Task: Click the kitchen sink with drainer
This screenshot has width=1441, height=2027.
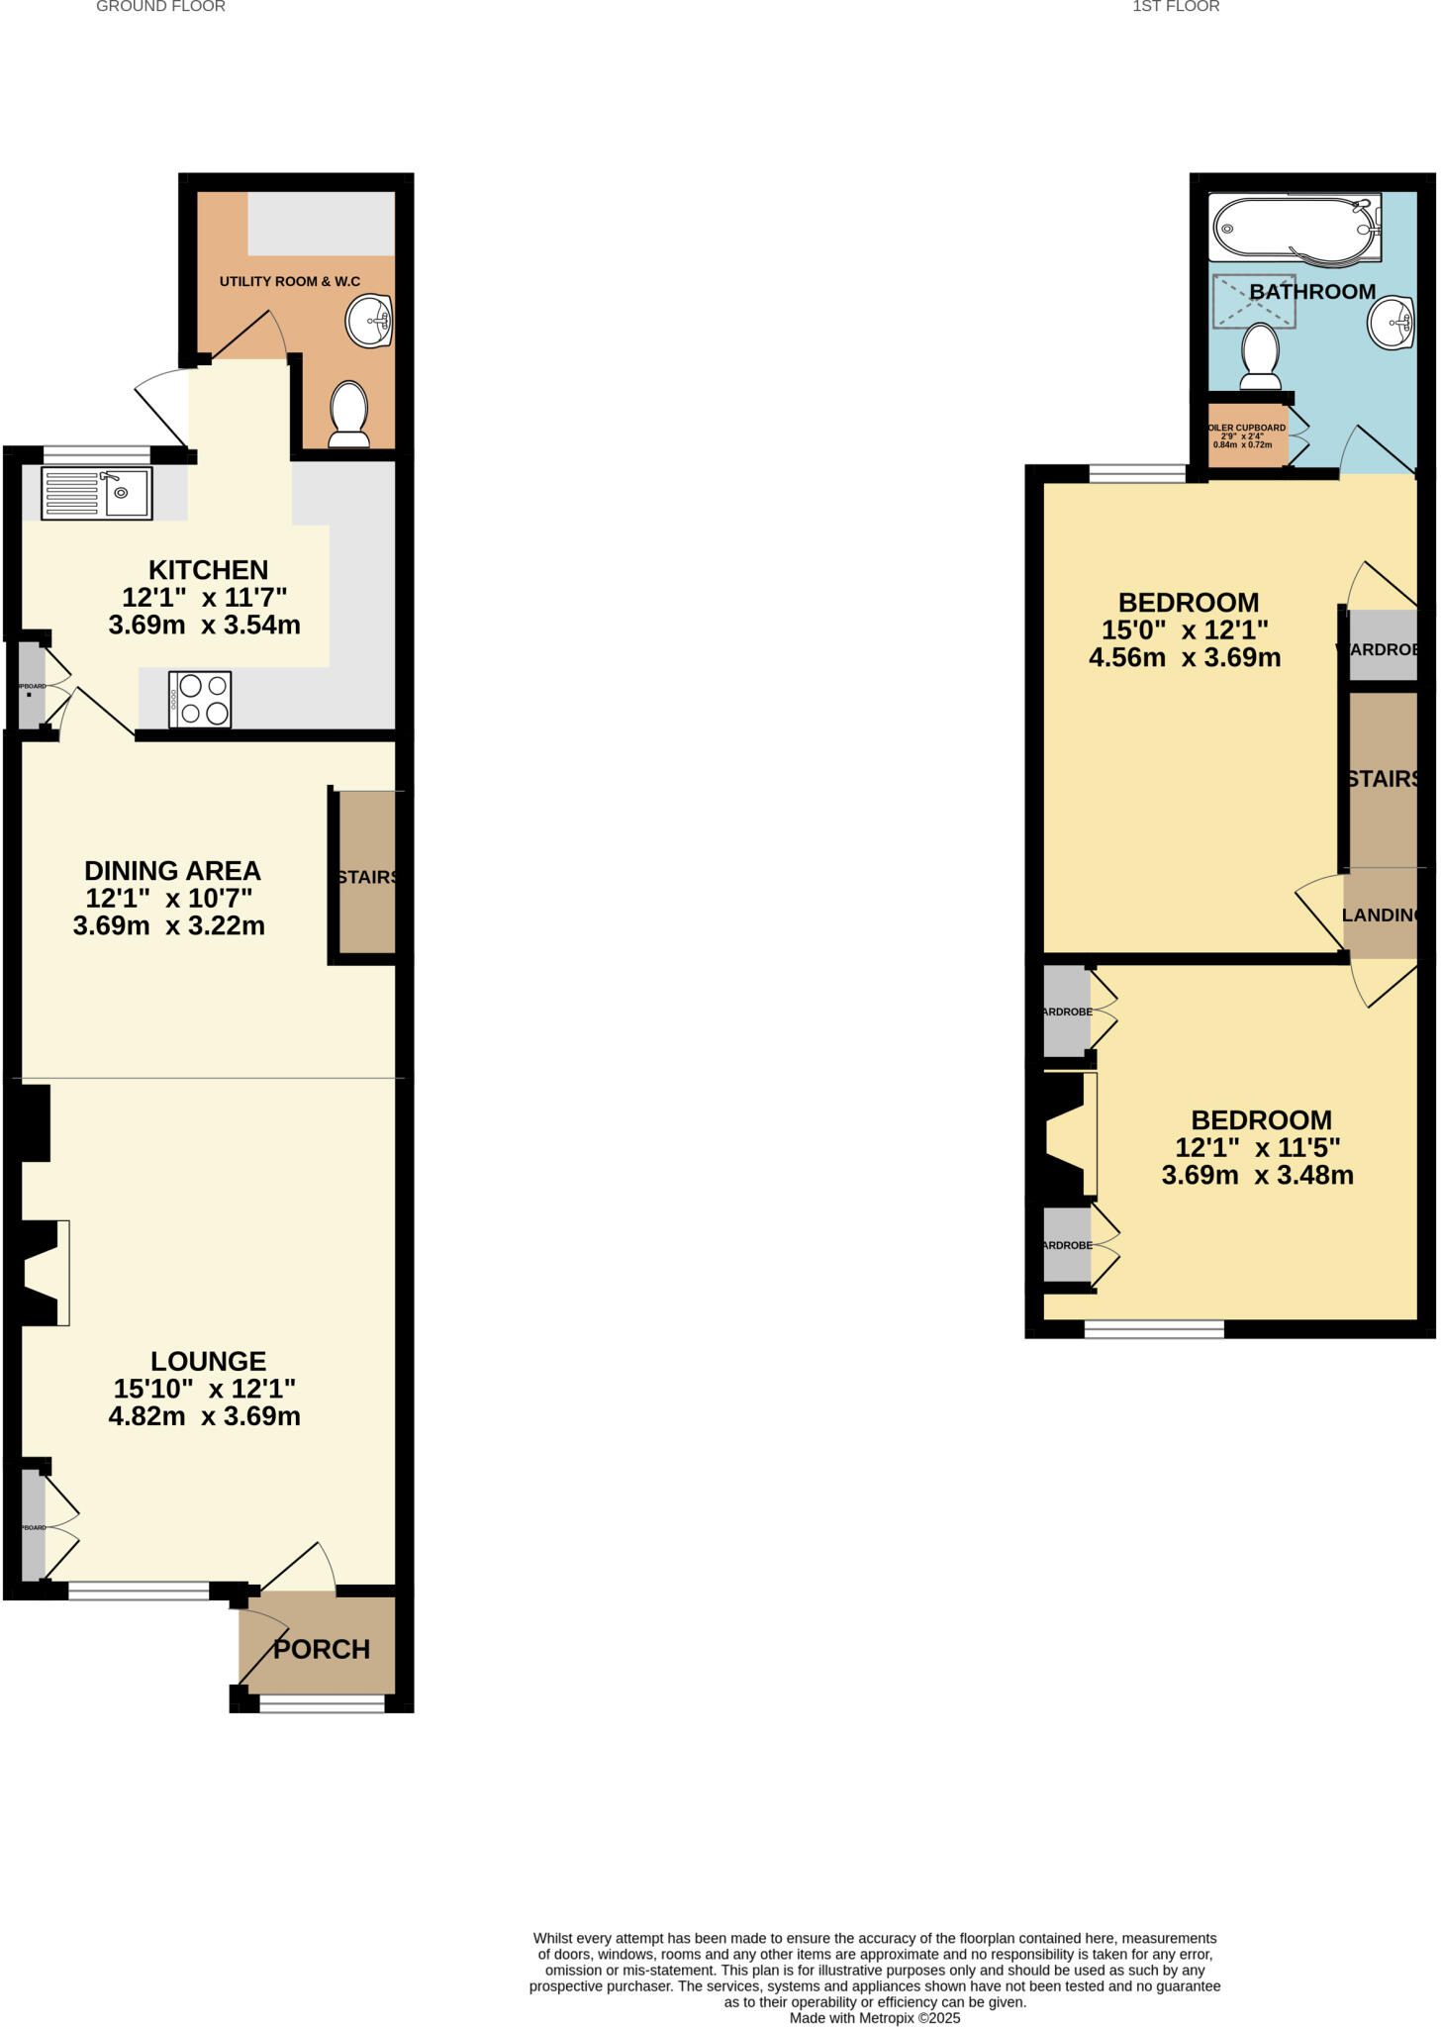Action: tap(96, 493)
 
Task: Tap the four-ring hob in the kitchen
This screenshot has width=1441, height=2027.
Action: tap(200, 699)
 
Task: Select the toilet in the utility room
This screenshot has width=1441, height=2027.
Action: tap(348, 415)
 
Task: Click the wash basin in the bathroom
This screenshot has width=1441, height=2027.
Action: tap(1393, 323)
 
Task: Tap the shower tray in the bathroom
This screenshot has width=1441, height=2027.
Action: tap(1254, 301)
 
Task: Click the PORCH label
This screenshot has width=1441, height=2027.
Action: tap(322, 1649)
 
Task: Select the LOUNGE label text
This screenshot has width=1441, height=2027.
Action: tap(208, 1361)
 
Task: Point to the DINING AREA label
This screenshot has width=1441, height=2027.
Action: tap(172, 871)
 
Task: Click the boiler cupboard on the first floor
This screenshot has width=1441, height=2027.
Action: tap(1247, 435)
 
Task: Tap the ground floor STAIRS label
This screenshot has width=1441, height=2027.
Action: tap(367, 877)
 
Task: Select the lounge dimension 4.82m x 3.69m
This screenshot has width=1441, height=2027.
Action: tap(205, 1416)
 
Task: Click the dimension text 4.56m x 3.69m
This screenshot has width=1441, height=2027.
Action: tap(1185, 658)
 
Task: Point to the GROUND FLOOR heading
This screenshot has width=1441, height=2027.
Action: tap(160, 7)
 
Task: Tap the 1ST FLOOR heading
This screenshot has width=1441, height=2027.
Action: tap(1176, 7)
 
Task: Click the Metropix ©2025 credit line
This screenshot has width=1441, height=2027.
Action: tap(875, 2018)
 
